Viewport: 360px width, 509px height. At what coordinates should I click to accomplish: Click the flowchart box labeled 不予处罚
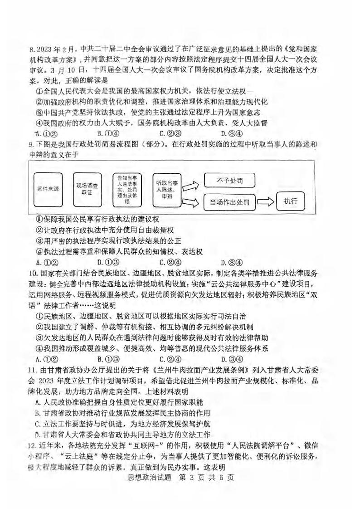230,180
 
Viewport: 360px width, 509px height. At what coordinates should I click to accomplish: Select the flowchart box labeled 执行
290,202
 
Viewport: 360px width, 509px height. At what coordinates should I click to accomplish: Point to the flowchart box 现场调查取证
87,188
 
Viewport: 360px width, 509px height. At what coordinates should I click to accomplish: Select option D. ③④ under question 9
231,262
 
